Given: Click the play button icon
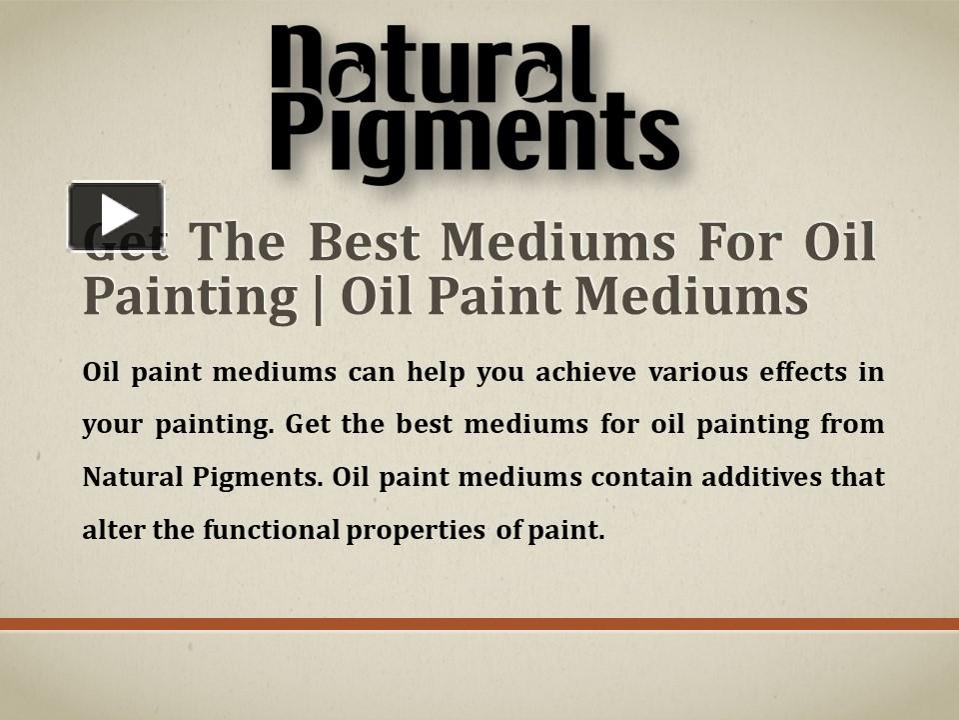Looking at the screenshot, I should click(x=116, y=215).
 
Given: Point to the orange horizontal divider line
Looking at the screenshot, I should click(x=479, y=624).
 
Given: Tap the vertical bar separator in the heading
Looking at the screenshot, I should click(x=319, y=297).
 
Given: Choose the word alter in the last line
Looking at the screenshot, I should click(x=112, y=530).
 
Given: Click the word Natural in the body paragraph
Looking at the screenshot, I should click(x=129, y=477).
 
